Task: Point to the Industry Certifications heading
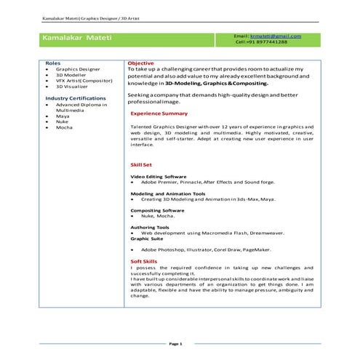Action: pos(76,97)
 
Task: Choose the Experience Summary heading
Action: pos(159,113)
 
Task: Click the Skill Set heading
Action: pos(141,165)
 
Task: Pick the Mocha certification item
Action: pos(64,127)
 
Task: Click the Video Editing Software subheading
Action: pos(158,176)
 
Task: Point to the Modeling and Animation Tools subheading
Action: pos(167,193)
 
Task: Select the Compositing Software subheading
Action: pos(158,210)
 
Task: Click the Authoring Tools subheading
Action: pos(151,227)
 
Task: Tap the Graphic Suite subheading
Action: pos(148,239)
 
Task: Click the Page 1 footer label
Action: pos(175,343)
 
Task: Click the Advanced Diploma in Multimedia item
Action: pos(81,107)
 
